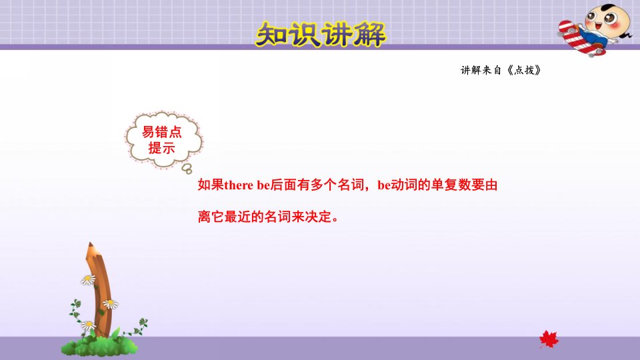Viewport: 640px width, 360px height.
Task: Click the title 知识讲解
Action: [321, 34]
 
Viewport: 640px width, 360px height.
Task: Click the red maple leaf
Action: [549, 339]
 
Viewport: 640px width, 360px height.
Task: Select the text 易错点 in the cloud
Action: [161, 132]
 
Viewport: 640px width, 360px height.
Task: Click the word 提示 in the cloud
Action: [161, 148]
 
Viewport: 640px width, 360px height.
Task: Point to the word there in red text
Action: [239, 185]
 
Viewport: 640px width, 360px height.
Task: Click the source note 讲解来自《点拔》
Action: [501, 70]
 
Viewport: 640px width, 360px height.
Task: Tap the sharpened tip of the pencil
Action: [90, 244]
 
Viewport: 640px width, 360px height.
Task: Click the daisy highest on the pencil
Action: [88, 279]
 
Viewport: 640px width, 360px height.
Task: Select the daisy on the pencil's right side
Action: [110, 304]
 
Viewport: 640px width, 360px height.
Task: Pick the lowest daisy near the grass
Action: [89, 325]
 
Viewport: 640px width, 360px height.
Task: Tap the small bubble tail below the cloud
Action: [187, 169]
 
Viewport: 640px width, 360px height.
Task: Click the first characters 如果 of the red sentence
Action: [211, 185]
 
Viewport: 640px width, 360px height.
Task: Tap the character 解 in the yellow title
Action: [369, 35]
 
